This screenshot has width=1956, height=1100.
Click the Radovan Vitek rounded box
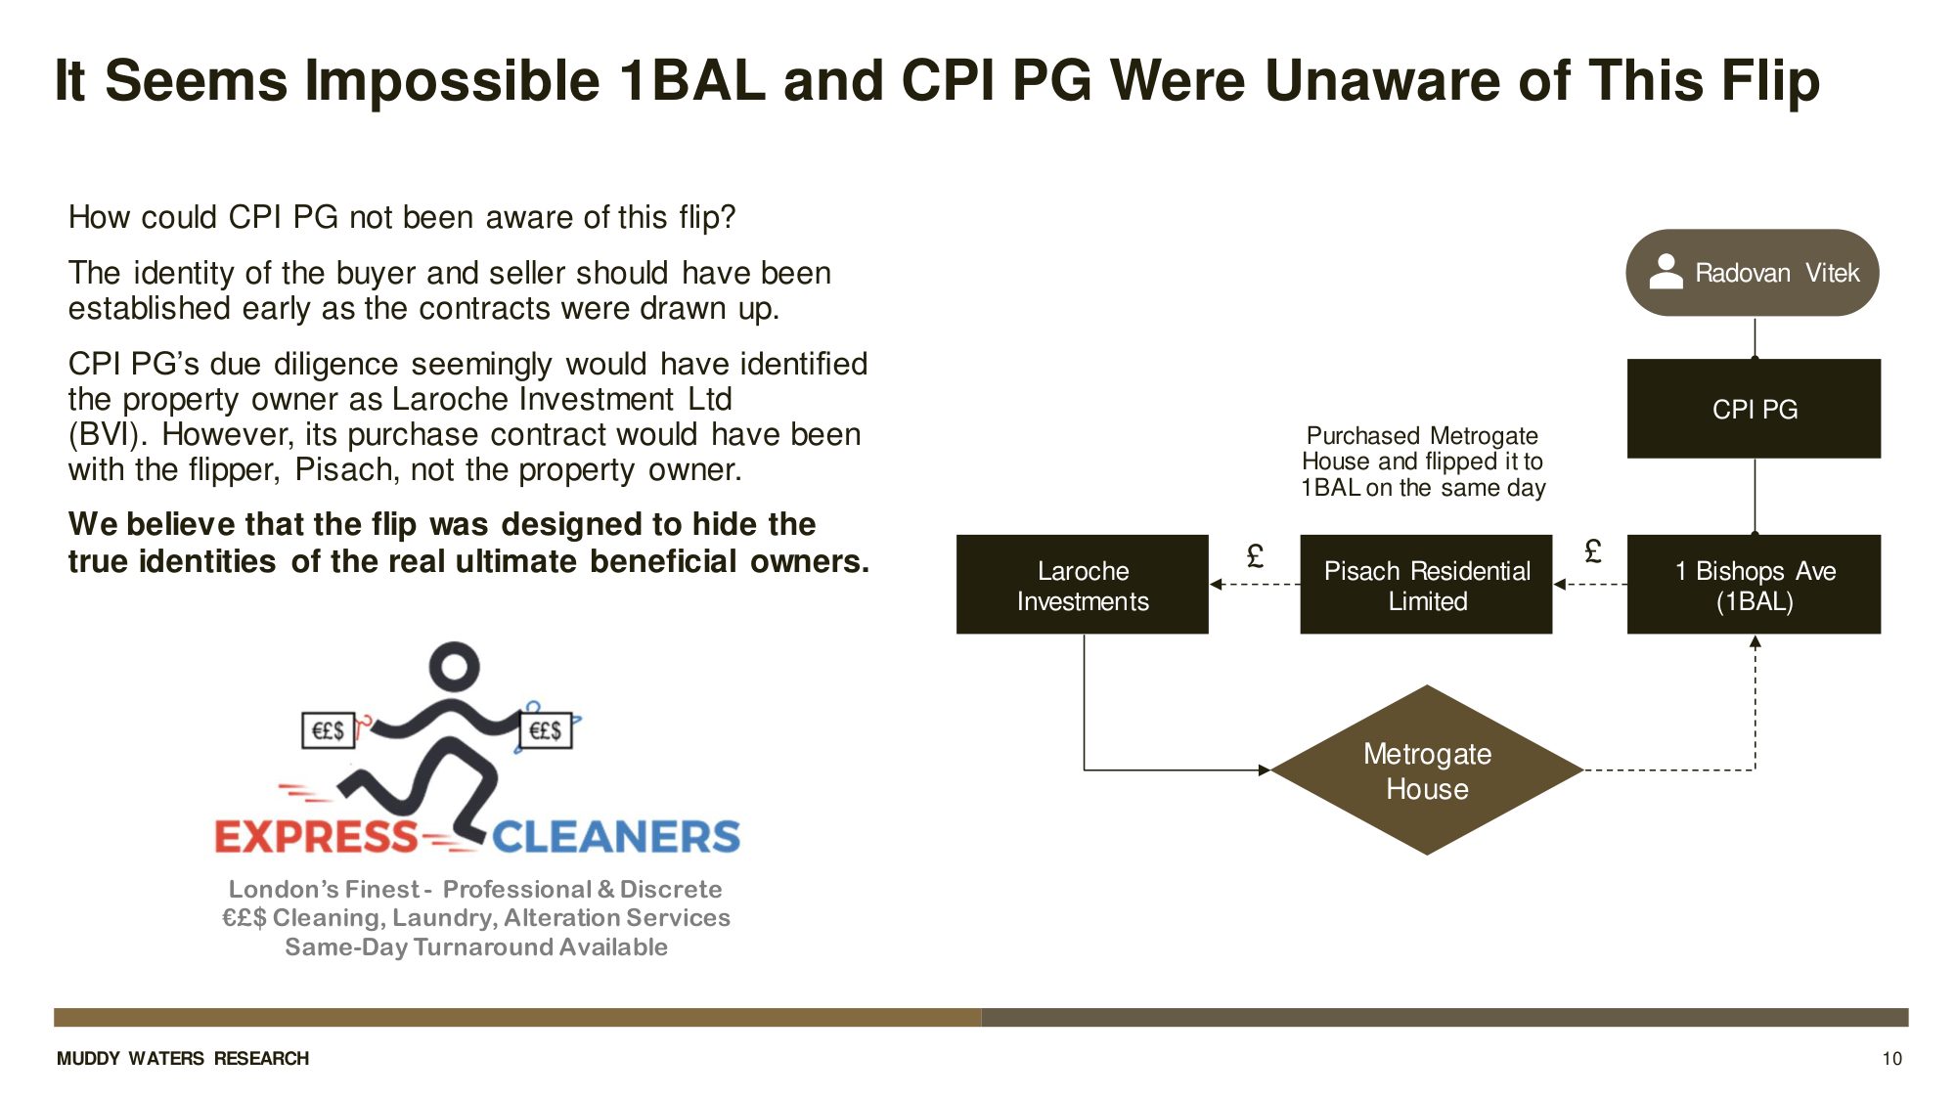point(1752,273)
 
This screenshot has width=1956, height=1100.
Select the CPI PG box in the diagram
point(1754,409)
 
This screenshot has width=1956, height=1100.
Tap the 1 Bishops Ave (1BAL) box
point(1754,585)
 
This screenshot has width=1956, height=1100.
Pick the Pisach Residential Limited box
point(1426,585)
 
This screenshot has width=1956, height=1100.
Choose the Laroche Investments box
point(1083,585)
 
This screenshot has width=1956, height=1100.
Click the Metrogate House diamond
point(1427,770)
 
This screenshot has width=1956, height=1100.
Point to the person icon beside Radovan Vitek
point(1666,272)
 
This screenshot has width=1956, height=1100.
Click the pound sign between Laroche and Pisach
point(1255,556)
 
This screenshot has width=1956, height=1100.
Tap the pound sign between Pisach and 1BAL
point(1592,552)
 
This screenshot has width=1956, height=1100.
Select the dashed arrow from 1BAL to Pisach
point(1590,585)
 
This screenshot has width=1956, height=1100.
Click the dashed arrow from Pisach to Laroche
point(1255,585)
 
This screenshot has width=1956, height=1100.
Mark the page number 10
point(1891,1059)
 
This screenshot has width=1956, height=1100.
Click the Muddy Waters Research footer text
point(183,1059)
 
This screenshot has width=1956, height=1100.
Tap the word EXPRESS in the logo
point(316,837)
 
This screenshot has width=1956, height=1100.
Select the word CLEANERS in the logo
point(616,837)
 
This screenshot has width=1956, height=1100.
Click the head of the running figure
point(454,667)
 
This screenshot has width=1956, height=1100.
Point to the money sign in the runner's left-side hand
point(328,730)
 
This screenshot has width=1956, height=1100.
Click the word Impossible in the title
point(451,80)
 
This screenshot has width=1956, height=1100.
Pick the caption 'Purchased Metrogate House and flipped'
point(1423,462)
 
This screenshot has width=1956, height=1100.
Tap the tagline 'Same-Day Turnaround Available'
point(476,946)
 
